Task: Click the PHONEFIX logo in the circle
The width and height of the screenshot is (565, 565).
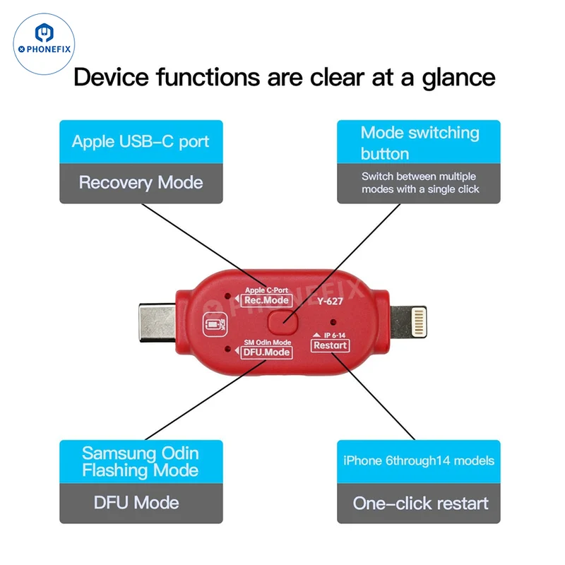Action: pos(44,44)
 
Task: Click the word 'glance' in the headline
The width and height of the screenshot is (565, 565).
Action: pos(458,78)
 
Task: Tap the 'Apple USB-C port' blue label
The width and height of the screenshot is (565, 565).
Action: pos(141,142)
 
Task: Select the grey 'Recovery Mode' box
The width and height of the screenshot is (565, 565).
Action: pos(141,183)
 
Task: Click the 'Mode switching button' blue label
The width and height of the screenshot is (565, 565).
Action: pos(419,142)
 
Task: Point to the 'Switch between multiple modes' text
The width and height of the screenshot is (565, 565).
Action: pos(420,183)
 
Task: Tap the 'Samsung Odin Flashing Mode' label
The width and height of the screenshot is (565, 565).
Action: pos(141,462)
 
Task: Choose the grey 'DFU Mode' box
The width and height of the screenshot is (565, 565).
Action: pos(141,503)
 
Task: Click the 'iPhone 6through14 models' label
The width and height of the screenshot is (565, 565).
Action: pos(419,462)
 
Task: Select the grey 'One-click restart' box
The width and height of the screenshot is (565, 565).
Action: pos(419,503)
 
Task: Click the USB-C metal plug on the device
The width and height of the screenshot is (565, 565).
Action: pos(157,323)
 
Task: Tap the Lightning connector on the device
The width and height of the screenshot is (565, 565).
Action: pos(408,321)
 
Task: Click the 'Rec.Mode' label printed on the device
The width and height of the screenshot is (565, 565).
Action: pos(266,301)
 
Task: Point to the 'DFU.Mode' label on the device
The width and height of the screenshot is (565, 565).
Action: pos(266,352)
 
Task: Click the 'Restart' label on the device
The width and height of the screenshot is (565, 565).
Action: pos(330,345)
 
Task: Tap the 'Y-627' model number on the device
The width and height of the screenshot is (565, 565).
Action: pos(330,301)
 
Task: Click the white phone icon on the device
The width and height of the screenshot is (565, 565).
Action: pos(215,325)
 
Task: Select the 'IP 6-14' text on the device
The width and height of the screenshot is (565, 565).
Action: pos(334,335)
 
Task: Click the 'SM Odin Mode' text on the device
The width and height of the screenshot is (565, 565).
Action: pos(268,343)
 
